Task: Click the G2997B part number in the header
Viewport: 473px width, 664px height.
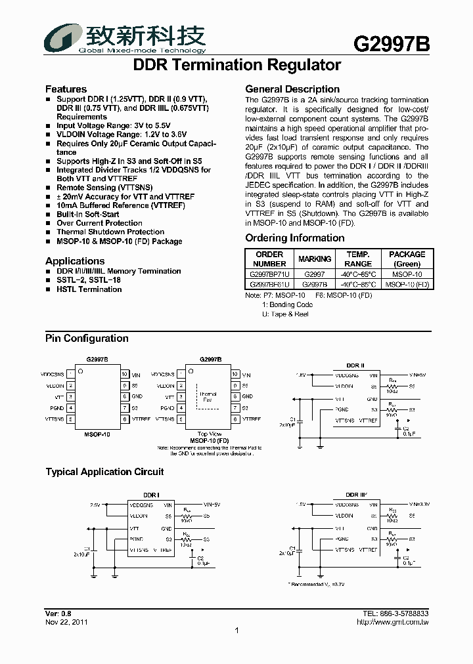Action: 392,44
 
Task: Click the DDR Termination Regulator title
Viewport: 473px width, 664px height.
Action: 236,66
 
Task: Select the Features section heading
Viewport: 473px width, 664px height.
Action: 66,89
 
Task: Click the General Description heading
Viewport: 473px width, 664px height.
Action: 292,89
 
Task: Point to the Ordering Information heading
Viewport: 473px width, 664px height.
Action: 295,238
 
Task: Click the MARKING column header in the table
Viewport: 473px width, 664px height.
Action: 315,259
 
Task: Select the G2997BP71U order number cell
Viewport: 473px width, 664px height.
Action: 269,274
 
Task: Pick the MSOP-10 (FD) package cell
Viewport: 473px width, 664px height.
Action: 407,284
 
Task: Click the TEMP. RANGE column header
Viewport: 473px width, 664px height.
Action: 358,259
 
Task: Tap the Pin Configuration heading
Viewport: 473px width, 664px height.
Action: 87,339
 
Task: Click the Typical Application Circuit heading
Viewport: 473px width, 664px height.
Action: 104,472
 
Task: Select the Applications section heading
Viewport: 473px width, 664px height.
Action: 75,261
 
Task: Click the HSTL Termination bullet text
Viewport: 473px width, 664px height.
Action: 89,289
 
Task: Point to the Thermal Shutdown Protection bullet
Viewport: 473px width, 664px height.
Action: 110,232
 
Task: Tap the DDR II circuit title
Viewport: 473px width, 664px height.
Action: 355,365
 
